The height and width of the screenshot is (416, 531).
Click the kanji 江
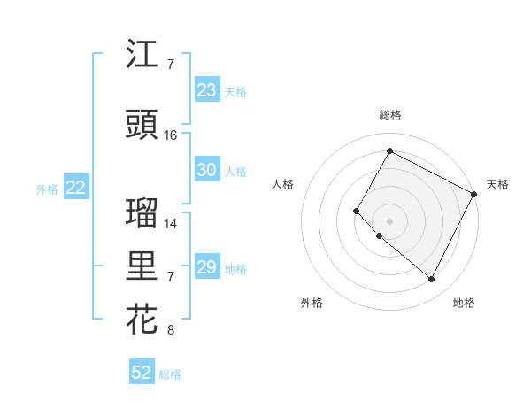(x=142, y=55)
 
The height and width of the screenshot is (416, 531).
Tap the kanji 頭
(x=142, y=126)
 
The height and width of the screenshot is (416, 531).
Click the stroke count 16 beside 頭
(x=171, y=135)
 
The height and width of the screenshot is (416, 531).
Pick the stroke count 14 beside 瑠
(x=171, y=224)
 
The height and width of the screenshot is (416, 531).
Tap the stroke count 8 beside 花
(x=171, y=331)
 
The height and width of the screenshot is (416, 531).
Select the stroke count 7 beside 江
(x=171, y=65)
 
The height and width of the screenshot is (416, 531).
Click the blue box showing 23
(x=206, y=90)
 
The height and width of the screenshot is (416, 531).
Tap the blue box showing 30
(x=206, y=170)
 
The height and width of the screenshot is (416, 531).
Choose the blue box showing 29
(x=206, y=267)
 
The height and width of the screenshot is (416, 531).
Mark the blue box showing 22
(x=76, y=188)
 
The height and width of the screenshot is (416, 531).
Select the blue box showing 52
(x=142, y=373)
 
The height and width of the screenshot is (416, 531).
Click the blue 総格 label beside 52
(x=171, y=374)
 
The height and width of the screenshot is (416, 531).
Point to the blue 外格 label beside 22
(x=47, y=189)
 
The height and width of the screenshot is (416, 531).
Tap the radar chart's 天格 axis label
(x=497, y=184)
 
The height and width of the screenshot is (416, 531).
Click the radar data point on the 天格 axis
(x=474, y=194)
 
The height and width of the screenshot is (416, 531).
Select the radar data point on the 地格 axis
(x=432, y=280)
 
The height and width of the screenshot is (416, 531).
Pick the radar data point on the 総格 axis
(x=389, y=150)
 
